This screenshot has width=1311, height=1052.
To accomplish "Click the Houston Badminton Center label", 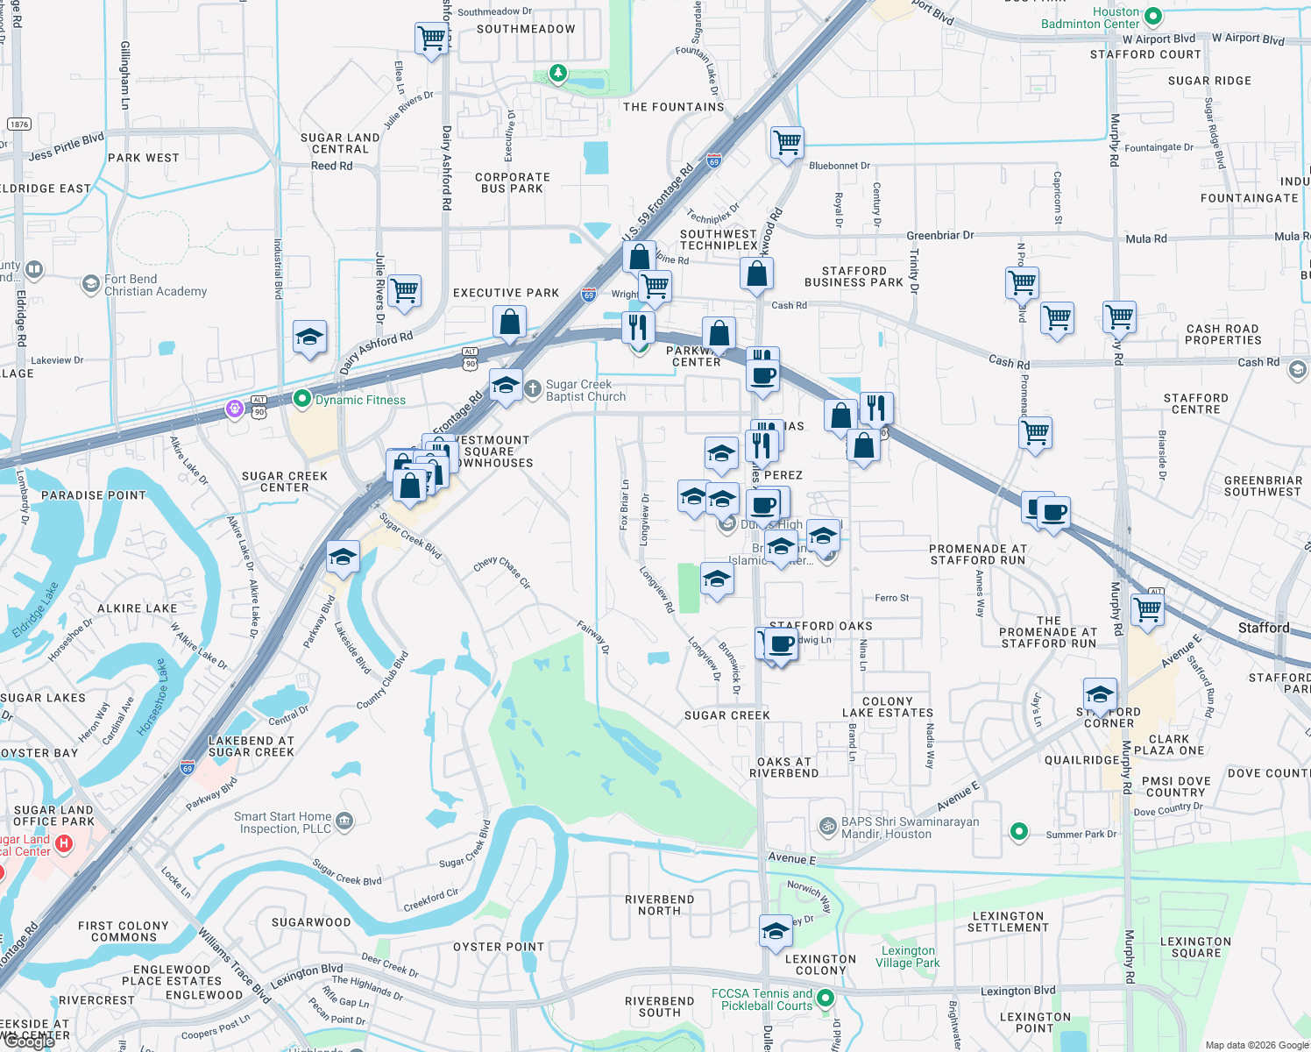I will tap(1089, 18).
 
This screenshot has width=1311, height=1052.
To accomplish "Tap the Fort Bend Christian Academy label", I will tap(155, 286).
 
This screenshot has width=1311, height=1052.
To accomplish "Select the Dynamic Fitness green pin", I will tap(302, 400).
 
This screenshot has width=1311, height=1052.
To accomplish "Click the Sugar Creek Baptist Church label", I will tap(585, 390).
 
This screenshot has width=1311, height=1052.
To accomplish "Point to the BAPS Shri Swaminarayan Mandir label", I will tap(910, 828).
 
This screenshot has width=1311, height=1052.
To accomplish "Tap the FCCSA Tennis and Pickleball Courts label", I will tap(762, 999).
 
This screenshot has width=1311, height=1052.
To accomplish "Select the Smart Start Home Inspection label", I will tap(283, 822).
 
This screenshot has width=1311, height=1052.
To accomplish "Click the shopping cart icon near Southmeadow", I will tap(431, 39).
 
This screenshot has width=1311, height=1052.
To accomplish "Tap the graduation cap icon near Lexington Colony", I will tap(776, 932).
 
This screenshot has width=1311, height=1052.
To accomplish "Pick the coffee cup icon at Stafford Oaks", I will tap(780, 645).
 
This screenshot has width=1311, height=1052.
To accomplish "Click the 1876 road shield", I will tap(19, 124).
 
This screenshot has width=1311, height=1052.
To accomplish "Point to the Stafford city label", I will tap(1263, 628).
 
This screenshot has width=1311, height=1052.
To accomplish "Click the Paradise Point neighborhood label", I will tap(94, 495).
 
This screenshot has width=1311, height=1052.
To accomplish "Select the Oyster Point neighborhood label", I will tap(499, 947).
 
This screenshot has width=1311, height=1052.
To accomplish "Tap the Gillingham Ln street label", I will tap(125, 75).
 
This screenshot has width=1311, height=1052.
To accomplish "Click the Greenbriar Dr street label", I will tap(939, 235).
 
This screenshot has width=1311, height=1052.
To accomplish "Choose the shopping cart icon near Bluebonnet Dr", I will tap(787, 142).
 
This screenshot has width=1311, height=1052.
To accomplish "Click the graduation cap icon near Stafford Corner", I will tap(1100, 695).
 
